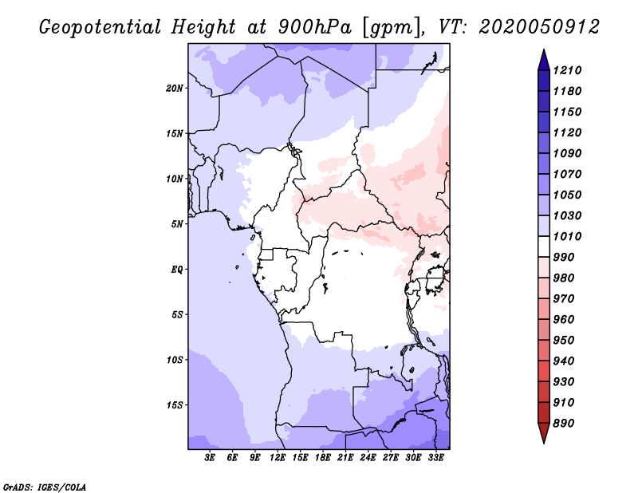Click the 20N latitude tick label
[x=175, y=88]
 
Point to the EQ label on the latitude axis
[x=177, y=269]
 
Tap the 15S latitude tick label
[x=175, y=404]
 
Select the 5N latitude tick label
[x=177, y=224]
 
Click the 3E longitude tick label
[x=211, y=458]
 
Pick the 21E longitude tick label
[x=345, y=458]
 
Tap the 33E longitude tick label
[x=435, y=458]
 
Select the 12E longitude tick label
[x=278, y=458]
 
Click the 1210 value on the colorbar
[x=569, y=70]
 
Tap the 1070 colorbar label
[x=569, y=174]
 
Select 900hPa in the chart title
[x=313, y=27]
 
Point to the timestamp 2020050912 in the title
[x=539, y=27]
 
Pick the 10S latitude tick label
[x=175, y=360]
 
